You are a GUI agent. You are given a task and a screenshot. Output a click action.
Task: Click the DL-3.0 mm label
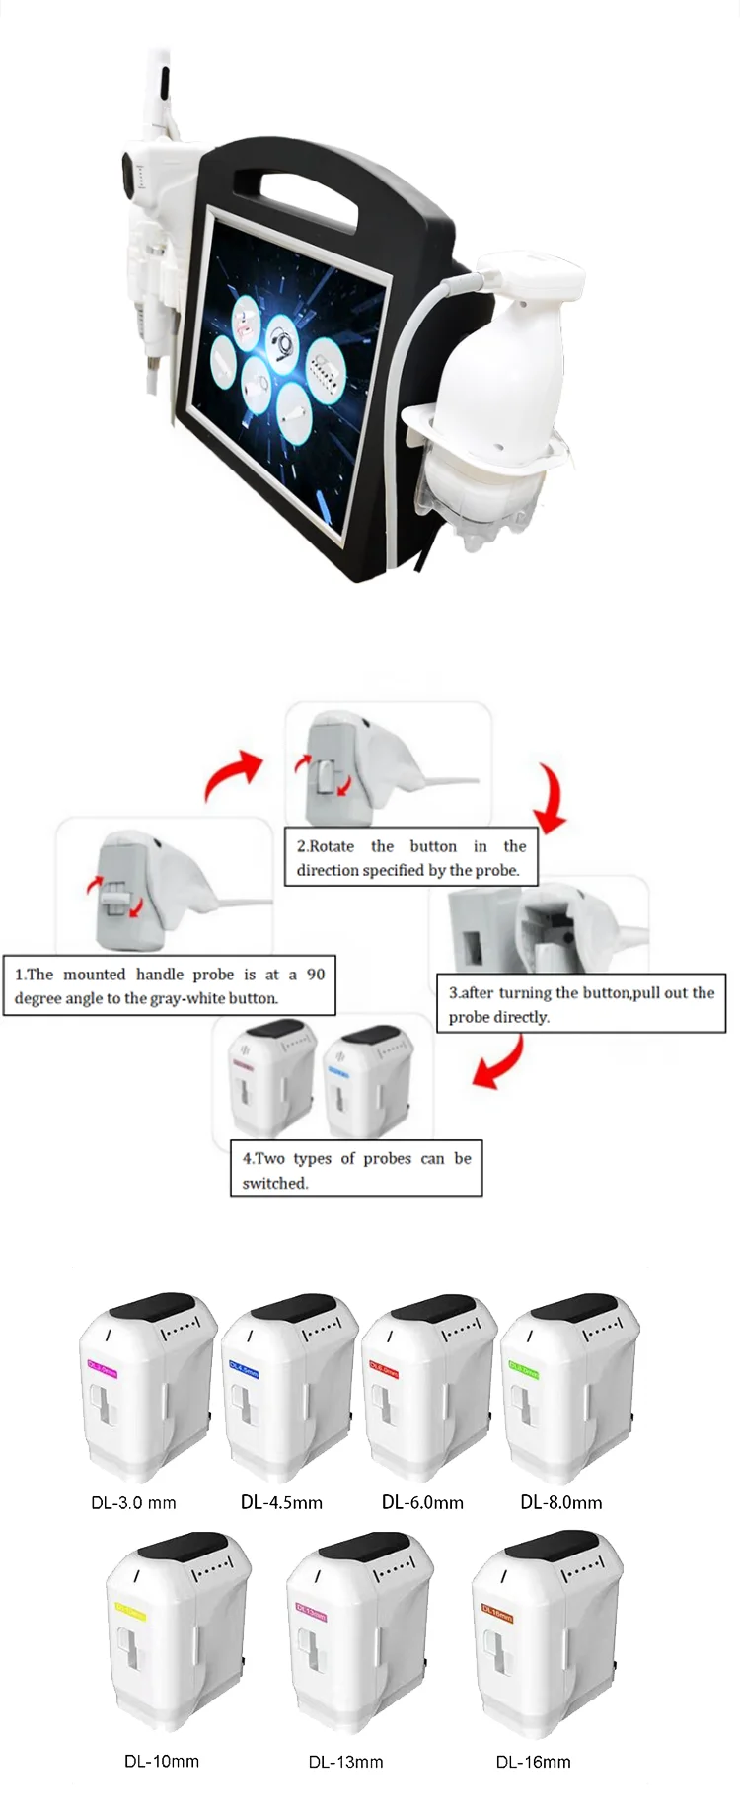pyautogui.click(x=133, y=1503)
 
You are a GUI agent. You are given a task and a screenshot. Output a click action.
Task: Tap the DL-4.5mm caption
pyautogui.click(x=281, y=1502)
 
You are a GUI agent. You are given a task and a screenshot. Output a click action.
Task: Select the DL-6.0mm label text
pyautogui.click(x=422, y=1502)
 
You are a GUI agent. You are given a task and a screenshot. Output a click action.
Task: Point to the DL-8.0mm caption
pyautogui.click(x=560, y=1502)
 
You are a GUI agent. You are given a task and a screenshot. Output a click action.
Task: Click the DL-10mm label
pyautogui.click(x=161, y=1761)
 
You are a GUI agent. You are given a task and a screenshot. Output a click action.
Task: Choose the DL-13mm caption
pyautogui.click(x=345, y=1762)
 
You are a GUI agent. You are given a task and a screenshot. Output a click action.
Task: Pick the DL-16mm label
pyautogui.click(x=533, y=1762)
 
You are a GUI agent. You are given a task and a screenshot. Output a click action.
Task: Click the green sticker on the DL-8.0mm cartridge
pyautogui.click(x=522, y=1370)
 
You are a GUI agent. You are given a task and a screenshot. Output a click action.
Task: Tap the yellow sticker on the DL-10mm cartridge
pyautogui.click(x=130, y=1613)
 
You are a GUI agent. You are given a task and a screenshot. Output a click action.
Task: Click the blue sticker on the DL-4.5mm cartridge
pyautogui.click(x=243, y=1370)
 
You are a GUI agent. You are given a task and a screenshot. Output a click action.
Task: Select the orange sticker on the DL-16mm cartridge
pyautogui.click(x=496, y=1613)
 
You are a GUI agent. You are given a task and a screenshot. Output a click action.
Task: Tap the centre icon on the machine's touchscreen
pyautogui.click(x=284, y=345)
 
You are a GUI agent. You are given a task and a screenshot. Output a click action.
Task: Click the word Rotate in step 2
pyautogui.click(x=332, y=846)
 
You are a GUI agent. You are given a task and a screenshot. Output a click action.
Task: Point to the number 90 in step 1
pyautogui.click(x=315, y=974)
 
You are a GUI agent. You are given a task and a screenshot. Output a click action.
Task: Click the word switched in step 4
pyautogui.click(x=275, y=1183)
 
